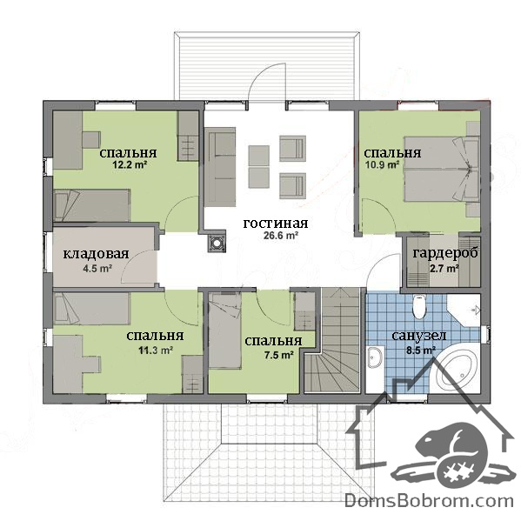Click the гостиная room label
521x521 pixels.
276,224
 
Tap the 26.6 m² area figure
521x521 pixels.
281,236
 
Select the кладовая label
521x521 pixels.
96,254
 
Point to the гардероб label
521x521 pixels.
445,253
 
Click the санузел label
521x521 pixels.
419,336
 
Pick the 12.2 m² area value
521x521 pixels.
130,164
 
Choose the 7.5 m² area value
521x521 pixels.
279,355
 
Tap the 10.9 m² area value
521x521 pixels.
383,164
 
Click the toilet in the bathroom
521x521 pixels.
418,307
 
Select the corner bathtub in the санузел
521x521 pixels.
457,371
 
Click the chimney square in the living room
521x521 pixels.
217,244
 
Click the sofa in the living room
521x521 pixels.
220,167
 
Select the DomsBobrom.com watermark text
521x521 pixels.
429,501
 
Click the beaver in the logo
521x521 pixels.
449,449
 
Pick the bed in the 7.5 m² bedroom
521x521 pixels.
224,331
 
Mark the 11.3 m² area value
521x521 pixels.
156,350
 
